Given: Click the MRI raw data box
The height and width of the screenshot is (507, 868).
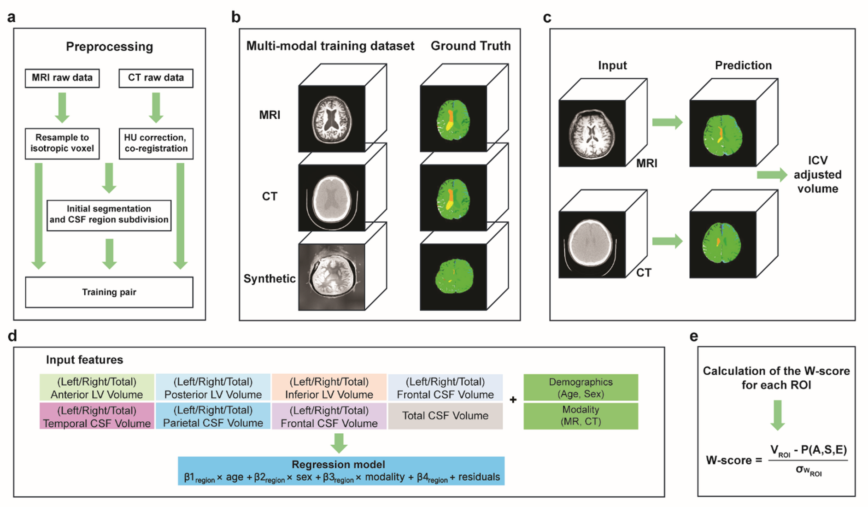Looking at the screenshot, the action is click(62, 78).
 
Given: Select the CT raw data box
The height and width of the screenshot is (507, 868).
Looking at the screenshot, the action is click(156, 78).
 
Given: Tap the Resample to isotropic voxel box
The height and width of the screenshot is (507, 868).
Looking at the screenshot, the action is click(62, 143).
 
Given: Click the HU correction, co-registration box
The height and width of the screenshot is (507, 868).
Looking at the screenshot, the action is click(156, 143).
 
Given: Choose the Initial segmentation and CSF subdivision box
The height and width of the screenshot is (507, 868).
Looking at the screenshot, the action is click(109, 215).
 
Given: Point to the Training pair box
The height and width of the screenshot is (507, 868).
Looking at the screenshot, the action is click(109, 292).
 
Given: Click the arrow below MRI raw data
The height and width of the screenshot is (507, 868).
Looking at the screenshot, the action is click(62, 107).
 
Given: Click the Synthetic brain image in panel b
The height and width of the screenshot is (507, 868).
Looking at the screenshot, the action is click(332, 277).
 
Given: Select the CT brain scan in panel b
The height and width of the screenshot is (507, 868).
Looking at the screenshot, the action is click(332, 198).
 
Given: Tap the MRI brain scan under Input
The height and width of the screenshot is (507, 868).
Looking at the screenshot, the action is click(592, 133).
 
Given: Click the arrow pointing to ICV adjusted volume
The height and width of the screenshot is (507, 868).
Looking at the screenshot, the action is click(772, 175).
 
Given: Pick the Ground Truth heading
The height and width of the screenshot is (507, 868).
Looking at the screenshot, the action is click(471, 46).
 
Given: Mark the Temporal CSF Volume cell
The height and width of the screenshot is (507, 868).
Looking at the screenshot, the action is click(97, 416).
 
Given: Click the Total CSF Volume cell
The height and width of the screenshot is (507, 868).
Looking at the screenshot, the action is click(445, 416).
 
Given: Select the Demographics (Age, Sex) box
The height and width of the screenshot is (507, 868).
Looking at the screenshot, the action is click(581, 387).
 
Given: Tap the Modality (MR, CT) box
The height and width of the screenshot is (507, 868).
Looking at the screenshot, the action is click(581, 416).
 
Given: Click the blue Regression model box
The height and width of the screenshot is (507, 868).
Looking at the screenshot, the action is click(341, 471).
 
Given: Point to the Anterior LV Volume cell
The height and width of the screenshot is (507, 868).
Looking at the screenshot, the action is click(97, 387).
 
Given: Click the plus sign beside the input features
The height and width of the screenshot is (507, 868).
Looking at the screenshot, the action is click(513, 400).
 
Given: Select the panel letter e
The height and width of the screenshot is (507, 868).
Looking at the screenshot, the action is click(693, 337).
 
